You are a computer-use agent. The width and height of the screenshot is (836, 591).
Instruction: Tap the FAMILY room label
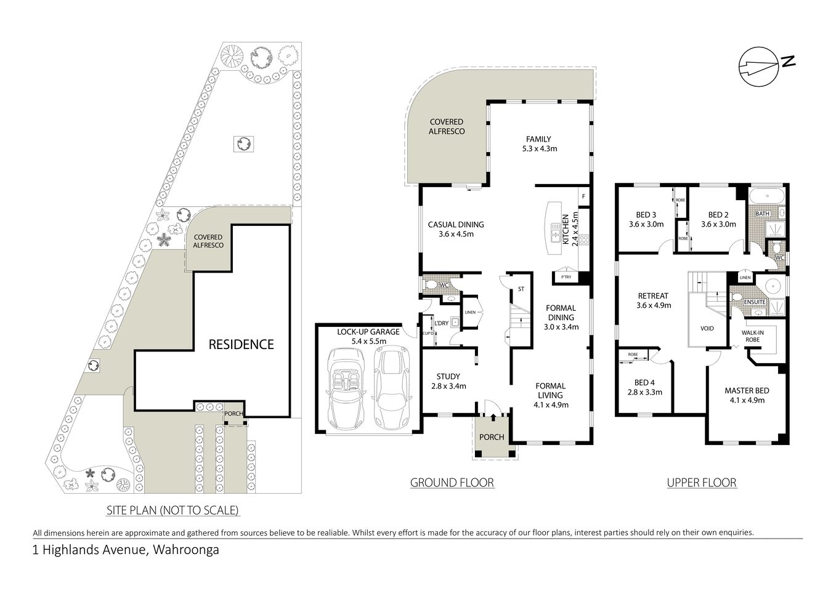[538, 139]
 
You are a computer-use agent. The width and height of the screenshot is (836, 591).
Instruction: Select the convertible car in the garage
[346, 388]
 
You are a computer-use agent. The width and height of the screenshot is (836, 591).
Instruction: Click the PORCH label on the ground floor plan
[492, 437]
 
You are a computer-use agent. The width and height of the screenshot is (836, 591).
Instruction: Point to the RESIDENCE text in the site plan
[241, 344]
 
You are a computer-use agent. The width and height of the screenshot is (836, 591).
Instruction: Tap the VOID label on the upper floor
[707, 328]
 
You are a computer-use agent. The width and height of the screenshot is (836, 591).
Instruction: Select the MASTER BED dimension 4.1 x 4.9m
[747, 400]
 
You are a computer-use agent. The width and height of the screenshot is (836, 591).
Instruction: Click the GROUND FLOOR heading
[452, 483]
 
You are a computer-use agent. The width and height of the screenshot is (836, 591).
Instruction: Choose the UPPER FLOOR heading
[702, 483]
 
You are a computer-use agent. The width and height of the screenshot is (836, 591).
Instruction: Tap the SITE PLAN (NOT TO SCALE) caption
[172, 510]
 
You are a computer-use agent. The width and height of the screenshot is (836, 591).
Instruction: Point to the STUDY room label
[448, 377]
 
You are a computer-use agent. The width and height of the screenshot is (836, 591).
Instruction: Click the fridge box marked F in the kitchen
[582, 197]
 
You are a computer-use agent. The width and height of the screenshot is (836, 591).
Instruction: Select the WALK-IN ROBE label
[752, 336]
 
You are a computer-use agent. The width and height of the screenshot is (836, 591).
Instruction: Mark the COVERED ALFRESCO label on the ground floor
[447, 127]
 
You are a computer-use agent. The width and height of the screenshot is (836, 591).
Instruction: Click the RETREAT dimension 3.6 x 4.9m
[653, 305]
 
